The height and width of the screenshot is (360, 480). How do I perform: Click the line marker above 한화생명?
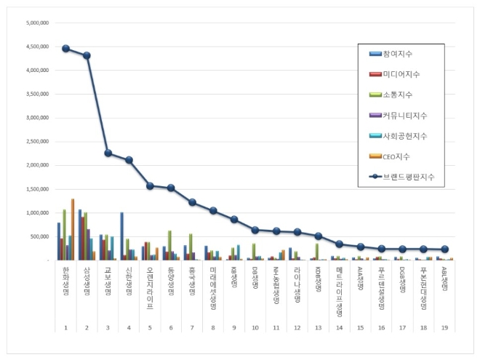(x=65, y=49)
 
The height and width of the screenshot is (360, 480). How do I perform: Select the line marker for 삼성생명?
(x=87, y=55)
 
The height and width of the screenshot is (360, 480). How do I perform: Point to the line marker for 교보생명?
(x=108, y=153)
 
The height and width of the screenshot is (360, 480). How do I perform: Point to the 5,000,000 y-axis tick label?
(x=37, y=23)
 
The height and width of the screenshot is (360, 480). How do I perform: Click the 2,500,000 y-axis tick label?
(x=37, y=142)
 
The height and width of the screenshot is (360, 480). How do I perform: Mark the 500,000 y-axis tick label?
(x=39, y=237)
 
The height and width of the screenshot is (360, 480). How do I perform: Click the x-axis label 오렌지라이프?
(x=150, y=288)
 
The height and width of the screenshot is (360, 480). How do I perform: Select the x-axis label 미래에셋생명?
(x=213, y=289)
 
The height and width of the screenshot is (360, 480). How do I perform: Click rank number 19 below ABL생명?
(x=445, y=328)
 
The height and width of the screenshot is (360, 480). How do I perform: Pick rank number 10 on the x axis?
(x=255, y=328)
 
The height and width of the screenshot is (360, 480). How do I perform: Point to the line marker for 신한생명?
(x=129, y=160)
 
